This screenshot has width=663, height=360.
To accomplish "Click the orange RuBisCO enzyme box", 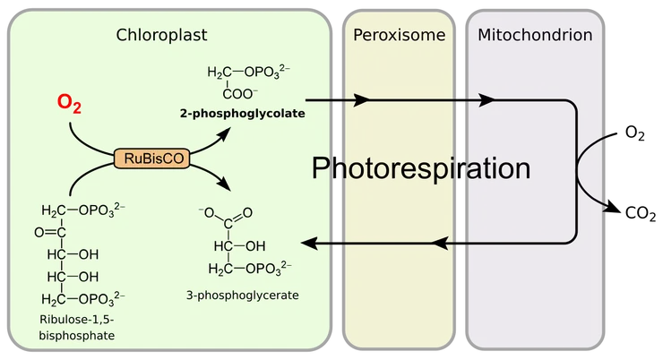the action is tap(151, 159).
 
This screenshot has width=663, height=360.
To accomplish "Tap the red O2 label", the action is tap(69, 103).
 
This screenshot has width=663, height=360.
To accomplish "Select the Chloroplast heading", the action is tap(161, 35).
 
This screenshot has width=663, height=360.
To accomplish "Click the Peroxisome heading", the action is tap(400, 35).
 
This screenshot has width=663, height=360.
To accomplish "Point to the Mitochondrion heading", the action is tap(535, 35).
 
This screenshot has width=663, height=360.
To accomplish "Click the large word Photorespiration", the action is tap(421, 168).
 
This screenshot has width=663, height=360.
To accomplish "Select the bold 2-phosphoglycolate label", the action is tap(242, 113).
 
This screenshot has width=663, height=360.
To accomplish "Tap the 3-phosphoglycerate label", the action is tap(242, 295).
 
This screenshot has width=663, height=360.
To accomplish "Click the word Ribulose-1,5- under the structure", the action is tap(77, 320).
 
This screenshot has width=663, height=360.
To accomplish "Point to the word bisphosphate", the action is tap(77, 336).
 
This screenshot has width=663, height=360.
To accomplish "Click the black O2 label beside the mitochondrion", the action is tap(634, 133).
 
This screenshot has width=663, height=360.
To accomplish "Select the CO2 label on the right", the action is tap(641, 213).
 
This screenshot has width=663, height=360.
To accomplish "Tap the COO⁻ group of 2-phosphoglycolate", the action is tap(240, 94).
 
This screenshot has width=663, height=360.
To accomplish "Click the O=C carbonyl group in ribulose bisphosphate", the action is tap(50, 232).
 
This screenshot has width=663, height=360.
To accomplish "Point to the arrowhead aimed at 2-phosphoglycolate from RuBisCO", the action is tap(224, 134).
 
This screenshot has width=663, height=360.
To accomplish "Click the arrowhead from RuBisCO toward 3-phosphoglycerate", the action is tap(224, 184).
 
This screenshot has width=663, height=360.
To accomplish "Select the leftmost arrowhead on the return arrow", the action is tap(309, 244).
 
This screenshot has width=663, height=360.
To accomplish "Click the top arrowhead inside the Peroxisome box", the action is tap(361, 100).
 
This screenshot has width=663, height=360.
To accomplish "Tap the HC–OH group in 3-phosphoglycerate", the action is tap(240, 246).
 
